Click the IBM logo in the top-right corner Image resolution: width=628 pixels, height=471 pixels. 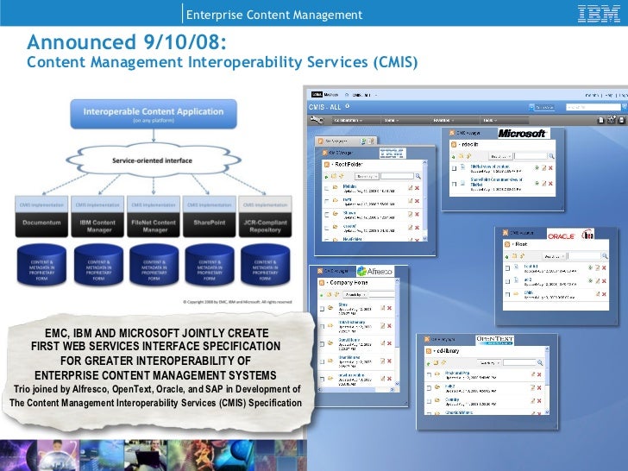click(x=595, y=14)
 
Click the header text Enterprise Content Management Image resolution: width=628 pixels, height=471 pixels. click(x=274, y=15)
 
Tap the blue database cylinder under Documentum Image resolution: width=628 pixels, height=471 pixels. click(x=41, y=266)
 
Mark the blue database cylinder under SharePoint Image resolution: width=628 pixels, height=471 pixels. click(x=209, y=266)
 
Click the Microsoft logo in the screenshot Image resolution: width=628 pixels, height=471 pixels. click(x=524, y=134)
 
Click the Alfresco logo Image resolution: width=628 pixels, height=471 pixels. click(x=374, y=271)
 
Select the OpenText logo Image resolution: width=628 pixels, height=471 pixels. click(x=494, y=340)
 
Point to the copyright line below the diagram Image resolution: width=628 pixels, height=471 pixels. click(x=236, y=302)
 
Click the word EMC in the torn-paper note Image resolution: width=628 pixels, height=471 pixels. click(x=58, y=333)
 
